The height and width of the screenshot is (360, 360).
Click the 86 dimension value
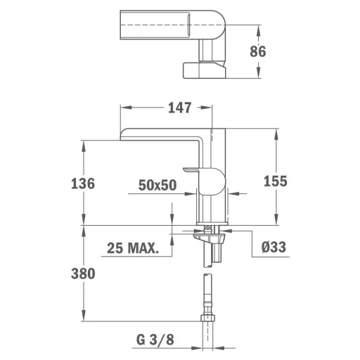[x=258, y=51]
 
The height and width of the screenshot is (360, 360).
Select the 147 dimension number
[x=180, y=108]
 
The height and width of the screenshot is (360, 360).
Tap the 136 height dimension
[x=83, y=184]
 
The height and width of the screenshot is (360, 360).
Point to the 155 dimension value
[x=276, y=181]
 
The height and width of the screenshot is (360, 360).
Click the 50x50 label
[x=157, y=185]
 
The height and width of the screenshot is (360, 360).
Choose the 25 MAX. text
[x=133, y=248]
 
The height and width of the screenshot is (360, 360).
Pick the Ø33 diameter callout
[x=274, y=247]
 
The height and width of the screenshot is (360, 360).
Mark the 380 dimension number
[x=83, y=274]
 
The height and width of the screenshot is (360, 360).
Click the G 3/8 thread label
[x=155, y=340]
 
